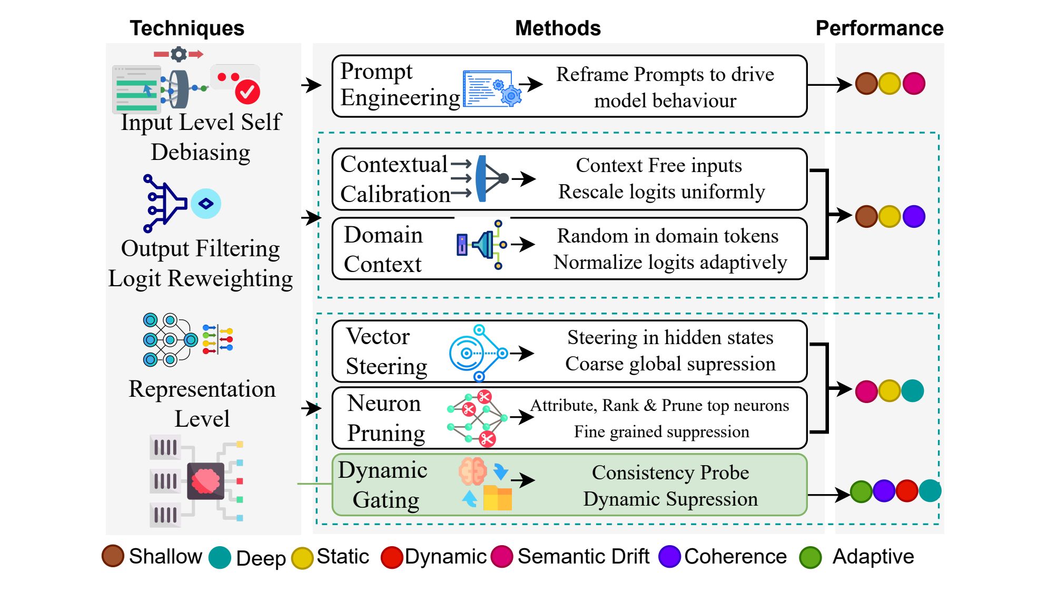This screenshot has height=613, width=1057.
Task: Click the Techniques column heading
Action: (x=187, y=28)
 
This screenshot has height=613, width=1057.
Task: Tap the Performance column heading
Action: (x=879, y=28)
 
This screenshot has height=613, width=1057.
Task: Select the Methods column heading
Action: (x=558, y=28)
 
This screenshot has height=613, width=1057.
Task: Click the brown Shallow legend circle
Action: (x=113, y=556)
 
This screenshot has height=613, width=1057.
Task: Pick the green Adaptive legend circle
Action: (x=810, y=557)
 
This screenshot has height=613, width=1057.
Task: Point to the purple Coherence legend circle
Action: (x=669, y=557)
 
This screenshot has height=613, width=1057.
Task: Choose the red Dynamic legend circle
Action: (x=392, y=557)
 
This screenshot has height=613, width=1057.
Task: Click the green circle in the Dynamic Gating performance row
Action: (x=861, y=492)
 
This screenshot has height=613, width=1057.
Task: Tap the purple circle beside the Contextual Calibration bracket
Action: (x=914, y=216)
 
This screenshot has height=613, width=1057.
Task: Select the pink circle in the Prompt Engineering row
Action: (x=914, y=84)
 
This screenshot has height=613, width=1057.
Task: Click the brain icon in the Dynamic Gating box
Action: (x=473, y=471)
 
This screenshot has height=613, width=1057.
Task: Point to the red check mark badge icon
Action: (x=247, y=92)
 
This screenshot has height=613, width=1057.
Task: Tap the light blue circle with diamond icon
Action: (x=206, y=204)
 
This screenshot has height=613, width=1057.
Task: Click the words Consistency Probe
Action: (x=670, y=473)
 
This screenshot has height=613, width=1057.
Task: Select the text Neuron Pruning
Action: (x=386, y=418)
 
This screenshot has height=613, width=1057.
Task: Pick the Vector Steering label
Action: (x=386, y=351)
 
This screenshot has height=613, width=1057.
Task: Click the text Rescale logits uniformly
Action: (x=661, y=192)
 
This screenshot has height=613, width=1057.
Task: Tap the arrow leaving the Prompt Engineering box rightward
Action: (x=829, y=84)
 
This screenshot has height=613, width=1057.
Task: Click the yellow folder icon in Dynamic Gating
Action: (x=497, y=498)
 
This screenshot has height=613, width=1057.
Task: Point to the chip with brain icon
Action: (x=205, y=481)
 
